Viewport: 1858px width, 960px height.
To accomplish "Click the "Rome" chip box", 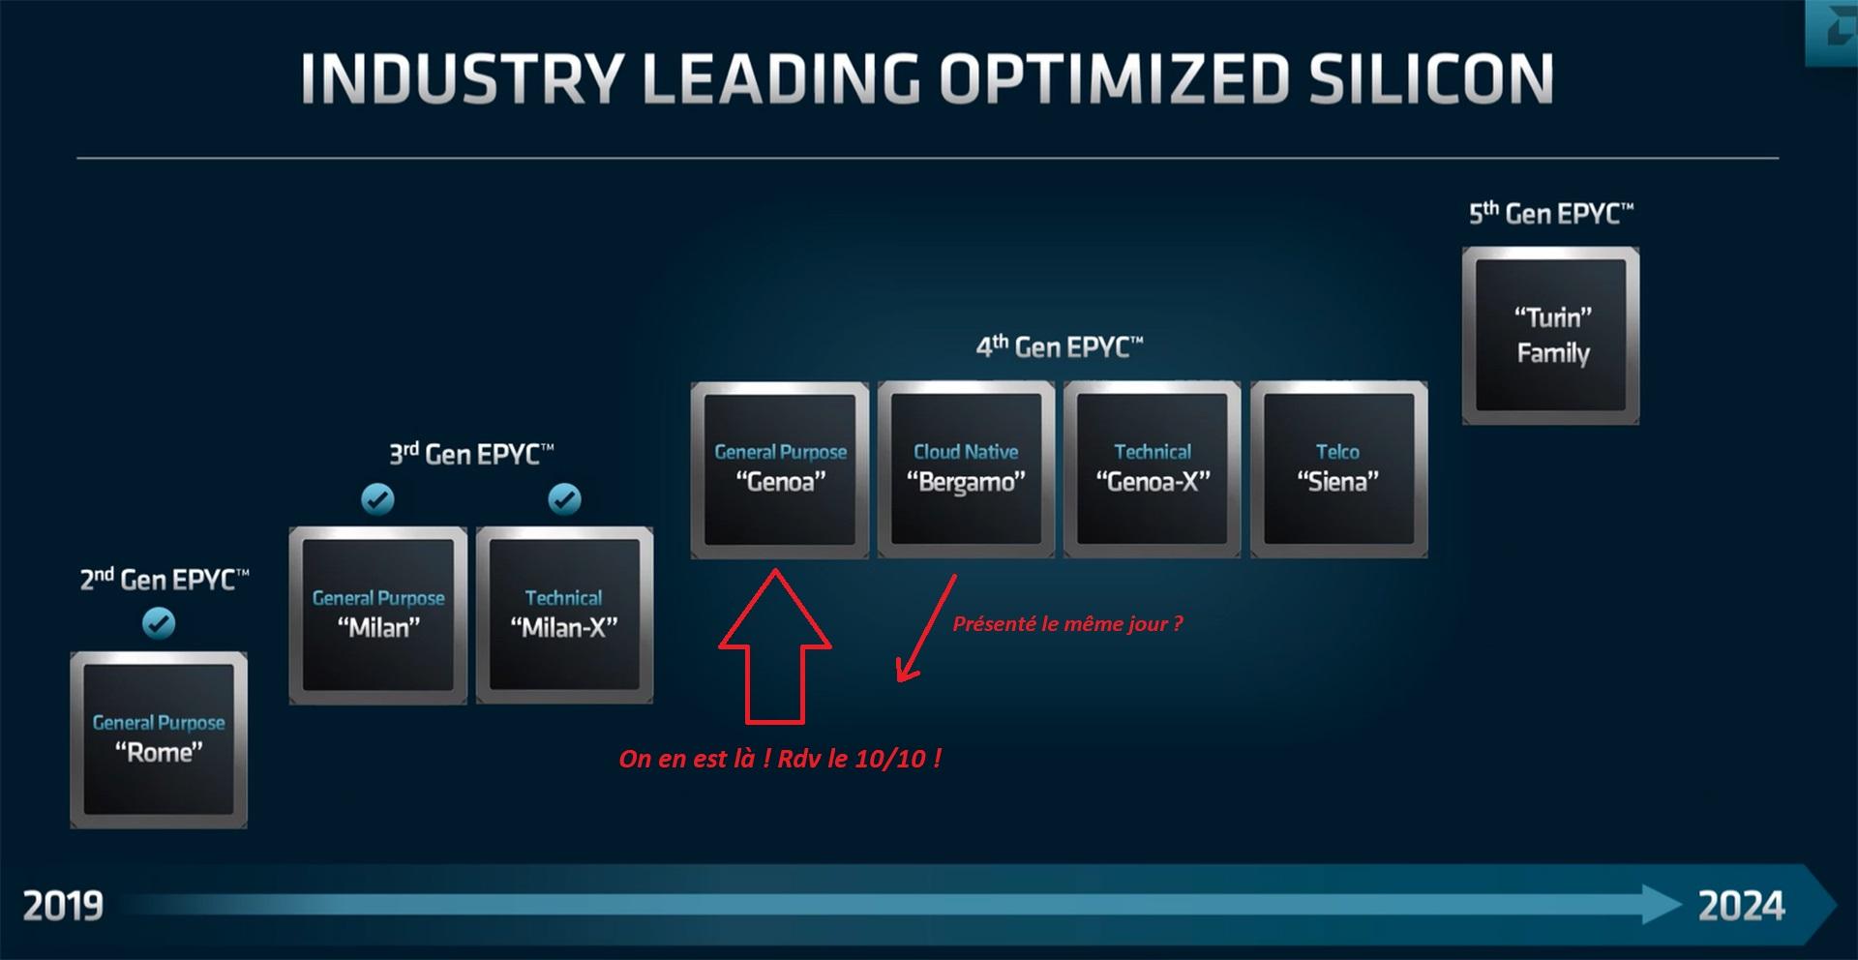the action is tap(159, 739).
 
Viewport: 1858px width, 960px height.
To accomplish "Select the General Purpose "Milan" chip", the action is tap(377, 615).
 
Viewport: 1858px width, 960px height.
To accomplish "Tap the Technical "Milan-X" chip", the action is tap(564, 615).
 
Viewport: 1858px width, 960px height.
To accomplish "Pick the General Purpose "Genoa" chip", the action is tap(780, 469).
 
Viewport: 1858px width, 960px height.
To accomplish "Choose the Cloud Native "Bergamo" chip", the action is tap(966, 469).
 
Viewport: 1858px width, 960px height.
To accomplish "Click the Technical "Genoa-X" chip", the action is tap(1152, 469).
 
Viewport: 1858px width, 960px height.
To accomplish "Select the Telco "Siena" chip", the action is tap(1338, 469).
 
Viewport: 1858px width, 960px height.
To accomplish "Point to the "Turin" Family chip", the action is tap(1550, 336).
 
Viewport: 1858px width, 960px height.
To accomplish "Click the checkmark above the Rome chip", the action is tap(159, 623).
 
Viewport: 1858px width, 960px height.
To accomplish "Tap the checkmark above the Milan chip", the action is tap(377, 499).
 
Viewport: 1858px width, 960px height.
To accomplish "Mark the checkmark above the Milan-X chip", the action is tap(564, 499).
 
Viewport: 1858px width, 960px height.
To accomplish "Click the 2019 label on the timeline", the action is tap(63, 907).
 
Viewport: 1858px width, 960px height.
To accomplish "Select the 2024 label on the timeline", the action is tap(1741, 907).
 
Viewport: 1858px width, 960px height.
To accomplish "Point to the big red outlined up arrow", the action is tap(774, 646).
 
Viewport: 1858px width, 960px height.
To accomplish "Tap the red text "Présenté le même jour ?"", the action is tap(1067, 624).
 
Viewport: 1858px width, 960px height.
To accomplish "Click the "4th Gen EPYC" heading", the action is tap(1060, 346).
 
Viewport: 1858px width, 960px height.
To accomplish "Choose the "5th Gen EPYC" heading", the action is tap(1551, 213).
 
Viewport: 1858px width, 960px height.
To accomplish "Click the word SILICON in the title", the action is tap(1431, 78).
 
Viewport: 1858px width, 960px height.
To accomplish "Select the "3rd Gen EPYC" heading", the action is tap(471, 453).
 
